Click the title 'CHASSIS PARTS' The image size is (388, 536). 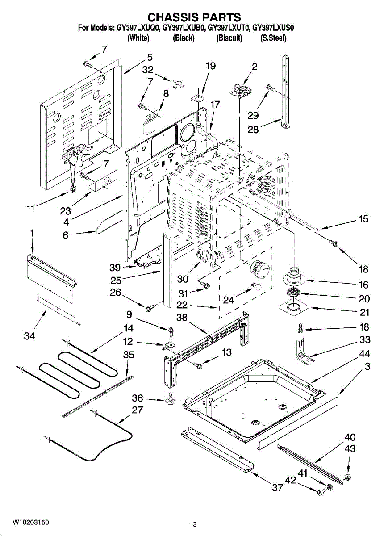(194, 17)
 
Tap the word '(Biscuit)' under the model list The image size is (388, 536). (229, 38)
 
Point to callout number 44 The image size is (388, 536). (364, 353)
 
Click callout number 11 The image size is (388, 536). (31, 209)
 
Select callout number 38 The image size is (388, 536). (182, 318)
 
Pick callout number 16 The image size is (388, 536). (363, 285)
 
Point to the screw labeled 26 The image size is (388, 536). (148, 309)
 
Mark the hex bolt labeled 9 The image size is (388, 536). (171, 331)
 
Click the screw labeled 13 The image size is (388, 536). (198, 365)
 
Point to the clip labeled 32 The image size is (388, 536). (178, 84)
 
